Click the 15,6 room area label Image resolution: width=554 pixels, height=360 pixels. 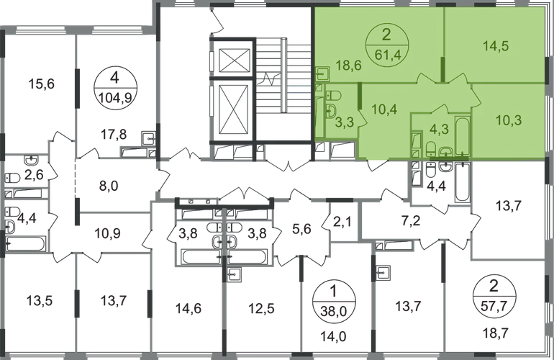click(41, 84)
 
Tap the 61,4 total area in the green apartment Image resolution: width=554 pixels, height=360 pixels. click(386, 55)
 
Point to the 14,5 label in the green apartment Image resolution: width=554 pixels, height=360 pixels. click(496, 46)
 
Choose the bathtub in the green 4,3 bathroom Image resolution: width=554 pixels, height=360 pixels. click(462, 135)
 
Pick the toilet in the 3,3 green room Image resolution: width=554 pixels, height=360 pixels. click(333, 96)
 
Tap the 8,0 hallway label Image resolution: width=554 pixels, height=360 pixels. click(109, 186)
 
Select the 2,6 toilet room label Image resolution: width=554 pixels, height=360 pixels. click(34, 174)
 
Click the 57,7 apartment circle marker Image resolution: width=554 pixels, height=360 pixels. click(494, 295)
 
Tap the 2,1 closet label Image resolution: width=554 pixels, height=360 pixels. click(342, 222)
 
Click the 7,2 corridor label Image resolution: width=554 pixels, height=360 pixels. click(411, 222)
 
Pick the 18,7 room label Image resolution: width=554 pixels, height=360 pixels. click(494, 333)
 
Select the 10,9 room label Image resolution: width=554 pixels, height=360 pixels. click(107, 233)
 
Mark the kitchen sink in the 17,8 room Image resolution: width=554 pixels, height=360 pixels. click(148, 138)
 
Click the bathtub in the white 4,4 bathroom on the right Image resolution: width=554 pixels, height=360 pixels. click(463, 182)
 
